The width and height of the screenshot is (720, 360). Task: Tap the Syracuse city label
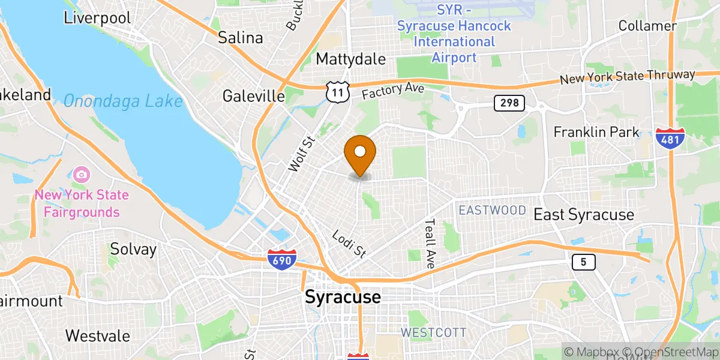coord(343,296)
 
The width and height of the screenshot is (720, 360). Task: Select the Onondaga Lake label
coord(122,101)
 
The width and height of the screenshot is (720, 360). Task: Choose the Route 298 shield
coord(509,103)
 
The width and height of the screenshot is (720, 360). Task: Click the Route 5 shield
coord(580,262)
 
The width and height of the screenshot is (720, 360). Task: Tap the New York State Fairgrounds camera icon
coord(82,175)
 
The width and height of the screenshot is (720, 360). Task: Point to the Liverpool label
coord(97,18)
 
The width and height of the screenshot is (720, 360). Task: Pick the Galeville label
coord(253,96)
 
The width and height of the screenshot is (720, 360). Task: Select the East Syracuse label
coord(583,215)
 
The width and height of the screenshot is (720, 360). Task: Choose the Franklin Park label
coord(596,132)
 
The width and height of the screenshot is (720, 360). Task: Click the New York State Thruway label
coord(627,77)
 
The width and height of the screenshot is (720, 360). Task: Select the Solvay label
coord(133,250)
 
